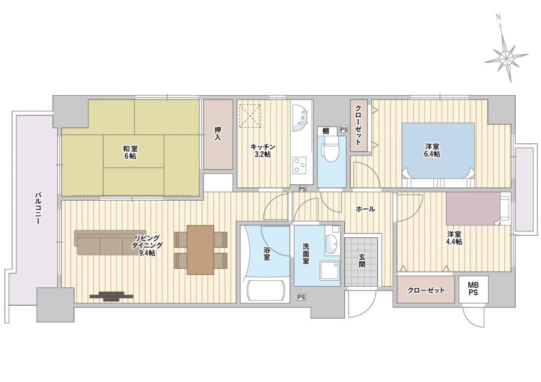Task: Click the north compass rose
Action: point(505,55)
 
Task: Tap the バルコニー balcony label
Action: point(37,208)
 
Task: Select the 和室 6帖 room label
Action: point(130,152)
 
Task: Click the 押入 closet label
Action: point(218,134)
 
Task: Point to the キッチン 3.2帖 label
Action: point(263,150)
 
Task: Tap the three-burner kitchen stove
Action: point(300,166)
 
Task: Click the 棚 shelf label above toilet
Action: point(326,131)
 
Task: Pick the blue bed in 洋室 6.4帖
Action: point(438,151)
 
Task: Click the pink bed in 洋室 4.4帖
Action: point(473,208)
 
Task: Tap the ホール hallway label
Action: point(365,209)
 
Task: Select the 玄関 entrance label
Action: point(362,260)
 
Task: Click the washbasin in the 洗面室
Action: point(332,244)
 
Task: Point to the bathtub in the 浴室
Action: point(265,291)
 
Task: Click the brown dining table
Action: point(200,249)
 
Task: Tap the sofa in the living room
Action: point(104,242)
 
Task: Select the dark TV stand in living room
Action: point(111,296)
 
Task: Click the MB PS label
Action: point(473,289)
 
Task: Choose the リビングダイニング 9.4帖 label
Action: point(147,246)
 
